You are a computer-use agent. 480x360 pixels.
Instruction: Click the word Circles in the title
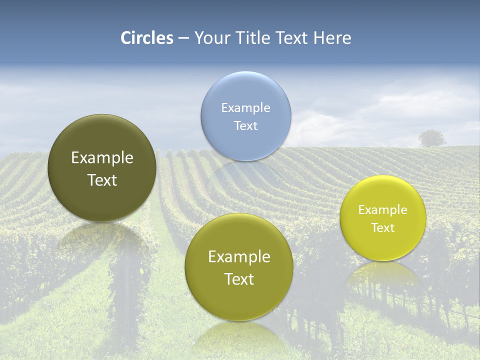click(146, 38)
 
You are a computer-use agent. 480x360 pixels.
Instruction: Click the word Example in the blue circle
click(245, 108)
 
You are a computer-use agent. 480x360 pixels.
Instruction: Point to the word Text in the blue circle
click(245, 126)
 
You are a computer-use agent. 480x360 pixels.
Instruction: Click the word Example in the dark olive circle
click(102, 158)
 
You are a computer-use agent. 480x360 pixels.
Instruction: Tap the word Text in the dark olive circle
click(102, 180)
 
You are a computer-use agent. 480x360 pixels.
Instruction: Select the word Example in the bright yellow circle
click(382, 210)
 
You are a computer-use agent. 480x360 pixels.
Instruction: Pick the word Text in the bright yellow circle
click(382, 228)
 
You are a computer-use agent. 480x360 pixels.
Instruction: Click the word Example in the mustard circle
click(239, 257)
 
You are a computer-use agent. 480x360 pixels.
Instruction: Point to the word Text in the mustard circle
click(239, 279)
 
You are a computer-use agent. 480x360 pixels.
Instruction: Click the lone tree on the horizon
click(431, 138)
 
